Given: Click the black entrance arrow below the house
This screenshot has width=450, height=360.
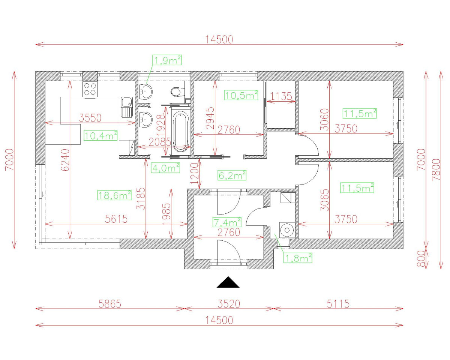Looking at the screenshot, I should tap(228, 283).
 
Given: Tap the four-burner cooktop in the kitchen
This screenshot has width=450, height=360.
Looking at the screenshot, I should tap(90, 89).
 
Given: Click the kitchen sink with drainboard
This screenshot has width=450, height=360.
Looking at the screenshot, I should tap(127, 106).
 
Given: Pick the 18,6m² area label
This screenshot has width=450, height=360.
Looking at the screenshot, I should tap(114, 195).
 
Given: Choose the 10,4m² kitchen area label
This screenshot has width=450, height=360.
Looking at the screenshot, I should tap(100, 136).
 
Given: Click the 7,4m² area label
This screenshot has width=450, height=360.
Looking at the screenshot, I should tap(227, 222).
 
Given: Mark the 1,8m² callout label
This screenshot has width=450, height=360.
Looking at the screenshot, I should tap(298, 258).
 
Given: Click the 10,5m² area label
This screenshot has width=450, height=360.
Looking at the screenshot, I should tap(241, 95).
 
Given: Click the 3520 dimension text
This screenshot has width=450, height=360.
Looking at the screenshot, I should tap(229, 304).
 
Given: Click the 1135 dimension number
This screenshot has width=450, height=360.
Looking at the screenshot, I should tap(281, 96).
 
